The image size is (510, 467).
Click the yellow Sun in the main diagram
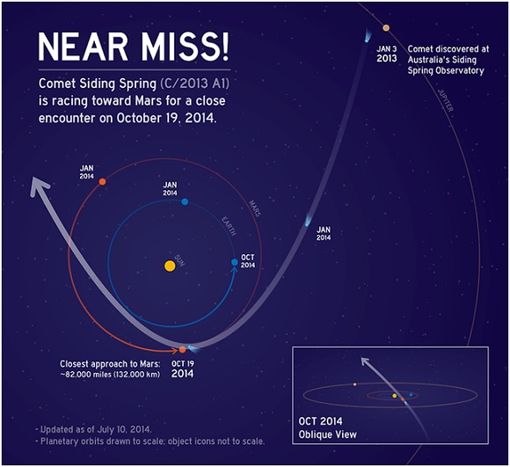(170, 266)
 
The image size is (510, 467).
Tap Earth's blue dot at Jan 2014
(185, 201)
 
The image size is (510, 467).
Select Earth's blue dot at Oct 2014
(235, 262)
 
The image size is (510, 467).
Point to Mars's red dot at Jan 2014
(102, 181)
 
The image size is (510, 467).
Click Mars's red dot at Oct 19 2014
(183, 350)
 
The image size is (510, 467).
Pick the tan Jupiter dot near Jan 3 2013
(386, 28)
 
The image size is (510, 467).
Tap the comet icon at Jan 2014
(306, 221)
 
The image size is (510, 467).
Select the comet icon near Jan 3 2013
(368, 36)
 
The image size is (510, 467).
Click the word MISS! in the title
(186, 47)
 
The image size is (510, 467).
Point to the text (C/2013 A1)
(194, 84)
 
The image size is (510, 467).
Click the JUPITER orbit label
(445, 100)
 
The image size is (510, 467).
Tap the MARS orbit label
(255, 208)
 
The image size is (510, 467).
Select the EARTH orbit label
(229, 226)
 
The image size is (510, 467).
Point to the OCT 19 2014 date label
(183, 369)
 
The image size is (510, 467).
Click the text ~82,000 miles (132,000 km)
(110, 375)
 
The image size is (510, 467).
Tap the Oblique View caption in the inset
(327, 434)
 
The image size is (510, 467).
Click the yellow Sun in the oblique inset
(395, 396)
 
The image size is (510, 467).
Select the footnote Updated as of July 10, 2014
(93, 429)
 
